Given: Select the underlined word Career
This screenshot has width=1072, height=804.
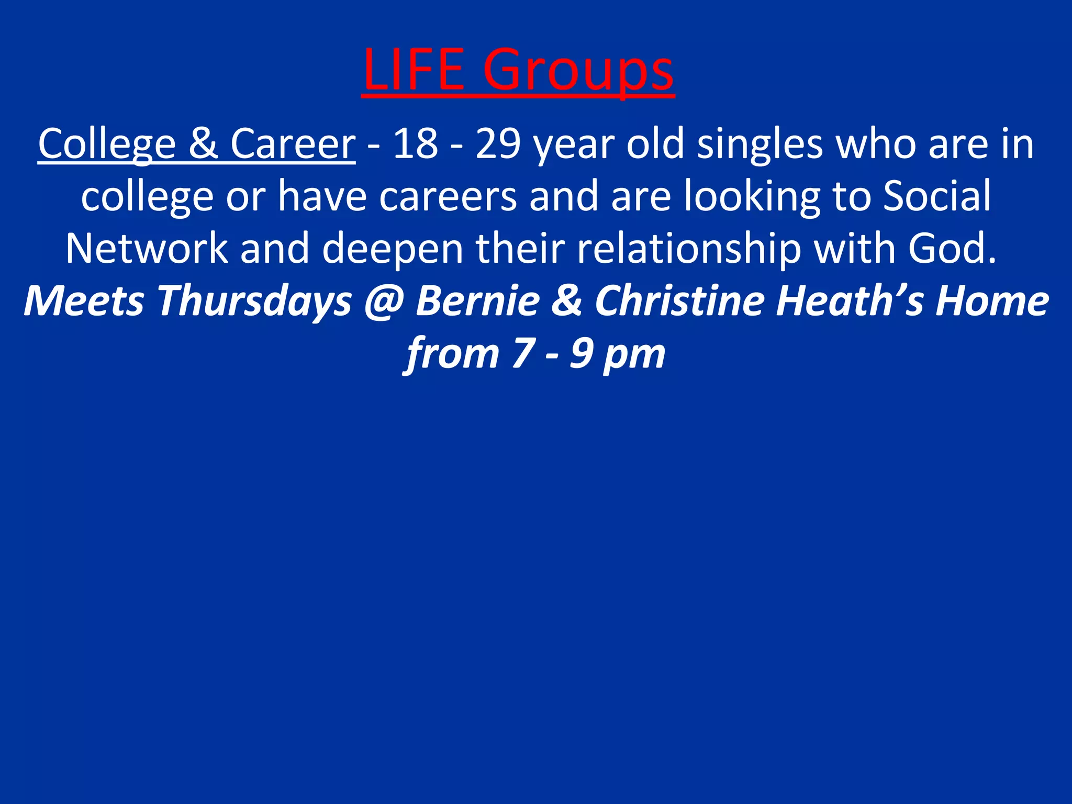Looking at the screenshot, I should pos(293,144).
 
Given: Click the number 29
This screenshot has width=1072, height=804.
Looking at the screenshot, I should pos(498,144).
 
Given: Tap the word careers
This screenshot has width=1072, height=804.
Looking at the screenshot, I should pos(448,196).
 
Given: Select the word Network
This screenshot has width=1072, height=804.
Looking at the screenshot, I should pos(147,248).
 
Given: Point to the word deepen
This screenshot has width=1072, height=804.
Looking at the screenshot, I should pos(393,249).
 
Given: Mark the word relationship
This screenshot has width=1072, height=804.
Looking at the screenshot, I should pos(688,249).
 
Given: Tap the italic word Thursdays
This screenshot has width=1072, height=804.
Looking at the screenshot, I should pos(254,302).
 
